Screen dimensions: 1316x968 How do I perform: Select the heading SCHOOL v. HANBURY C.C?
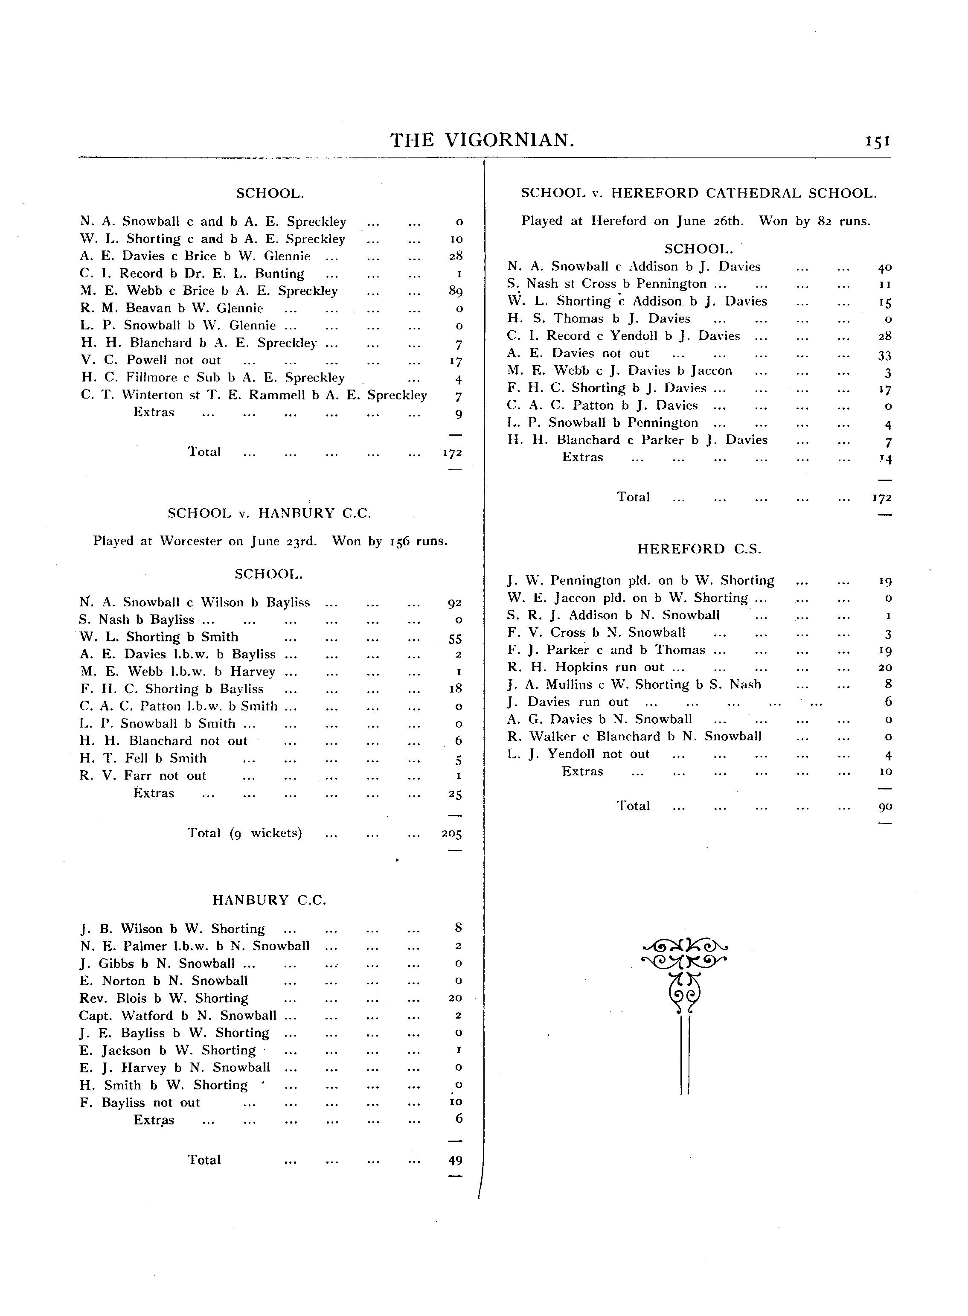[270, 513]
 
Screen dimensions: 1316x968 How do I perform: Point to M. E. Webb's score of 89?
[455, 291]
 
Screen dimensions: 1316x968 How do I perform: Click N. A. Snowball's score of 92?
[455, 603]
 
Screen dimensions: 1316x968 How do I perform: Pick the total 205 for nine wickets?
[452, 834]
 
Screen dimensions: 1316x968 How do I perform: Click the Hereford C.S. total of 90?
[885, 806]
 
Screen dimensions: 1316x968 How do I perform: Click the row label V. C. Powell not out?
[151, 360]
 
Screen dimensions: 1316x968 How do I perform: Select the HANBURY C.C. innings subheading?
[269, 900]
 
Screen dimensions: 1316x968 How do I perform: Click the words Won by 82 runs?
[814, 221]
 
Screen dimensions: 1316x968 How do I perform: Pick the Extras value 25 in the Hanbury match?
[455, 794]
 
